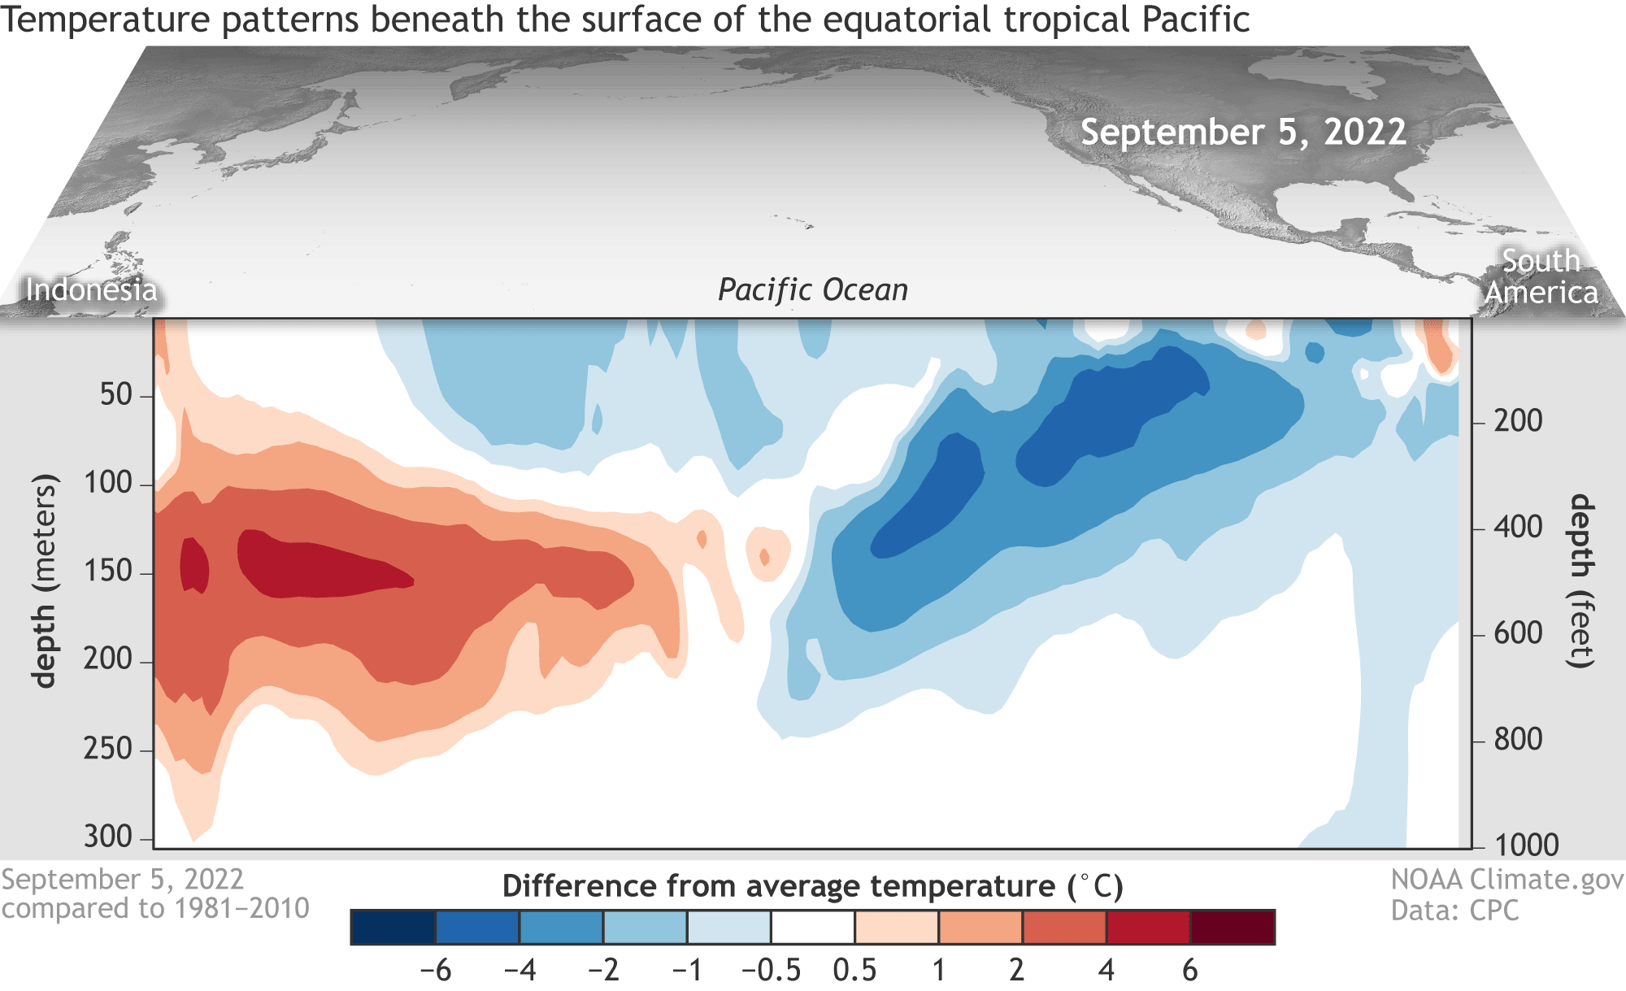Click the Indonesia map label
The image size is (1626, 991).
pyautogui.click(x=91, y=289)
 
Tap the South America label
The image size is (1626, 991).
pyautogui.click(x=1541, y=276)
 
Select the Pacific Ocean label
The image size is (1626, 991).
pyautogui.click(x=812, y=289)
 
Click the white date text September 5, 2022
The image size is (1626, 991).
pyautogui.click(x=1243, y=132)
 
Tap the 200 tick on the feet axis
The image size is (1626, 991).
pyautogui.click(x=1518, y=421)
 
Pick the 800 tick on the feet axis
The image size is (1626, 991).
pyautogui.click(x=1518, y=740)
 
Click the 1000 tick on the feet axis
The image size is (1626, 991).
pyautogui.click(x=1526, y=845)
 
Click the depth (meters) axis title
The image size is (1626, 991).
pyautogui.click(x=45, y=580)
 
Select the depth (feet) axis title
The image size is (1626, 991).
pyautogui.click(x=1580, y=580)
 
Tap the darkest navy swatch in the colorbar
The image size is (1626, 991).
pyautogui.click(x=393, y=928)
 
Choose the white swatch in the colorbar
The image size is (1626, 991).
pyautogui.click(x=812, y=928)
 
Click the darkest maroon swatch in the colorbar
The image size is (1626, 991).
pyautogui.click(x=1233, y=928)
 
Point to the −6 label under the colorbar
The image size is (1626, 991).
pyautogui.click(x=435, y=970)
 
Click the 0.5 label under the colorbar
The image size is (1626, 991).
pyautogui.click(x=854, y=970)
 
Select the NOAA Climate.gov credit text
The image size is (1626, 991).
pyautogui.click(x=1506, y=880)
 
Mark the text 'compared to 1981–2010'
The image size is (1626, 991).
pyautogui.click(x=155, y=908)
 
